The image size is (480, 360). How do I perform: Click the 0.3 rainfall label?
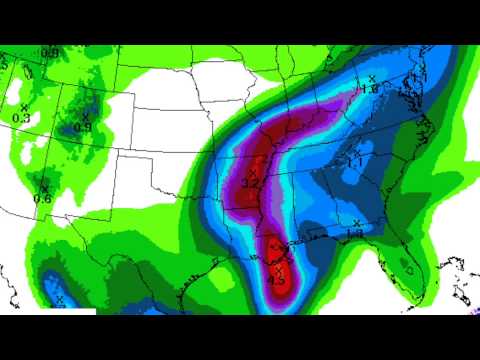(x=21, y=118)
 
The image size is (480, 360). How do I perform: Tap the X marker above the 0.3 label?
(x=24, y=107)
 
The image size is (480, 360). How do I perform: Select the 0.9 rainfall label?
(x=83, y=127)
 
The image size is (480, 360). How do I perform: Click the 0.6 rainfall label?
(x=43, y=198)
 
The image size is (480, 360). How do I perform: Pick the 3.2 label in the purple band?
(x=251, y=184)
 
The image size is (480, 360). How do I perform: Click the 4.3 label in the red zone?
(x=278, y=280)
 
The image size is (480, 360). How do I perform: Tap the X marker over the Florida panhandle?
(x=357, y=222)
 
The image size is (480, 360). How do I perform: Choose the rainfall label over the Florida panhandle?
(x=353, y=234)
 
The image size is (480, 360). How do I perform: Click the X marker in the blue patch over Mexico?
(x=60, y=299)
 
